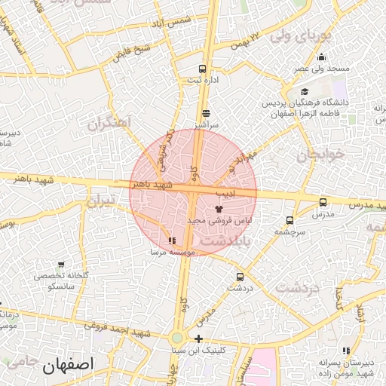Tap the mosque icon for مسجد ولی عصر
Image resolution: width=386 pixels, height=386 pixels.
click(322, 57)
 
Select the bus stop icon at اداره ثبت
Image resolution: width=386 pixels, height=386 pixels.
click(202, 69)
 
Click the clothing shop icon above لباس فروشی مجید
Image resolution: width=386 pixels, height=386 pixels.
click(219, 208)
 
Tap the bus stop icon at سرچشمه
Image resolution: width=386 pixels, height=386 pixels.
click(289, 221)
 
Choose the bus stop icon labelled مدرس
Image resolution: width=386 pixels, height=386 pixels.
click(323, 202)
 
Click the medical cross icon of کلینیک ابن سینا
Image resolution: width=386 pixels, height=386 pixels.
click(198, 339)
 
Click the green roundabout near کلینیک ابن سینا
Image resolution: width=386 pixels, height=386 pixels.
click(177, 339)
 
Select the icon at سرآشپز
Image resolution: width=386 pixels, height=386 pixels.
click(205, 113)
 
